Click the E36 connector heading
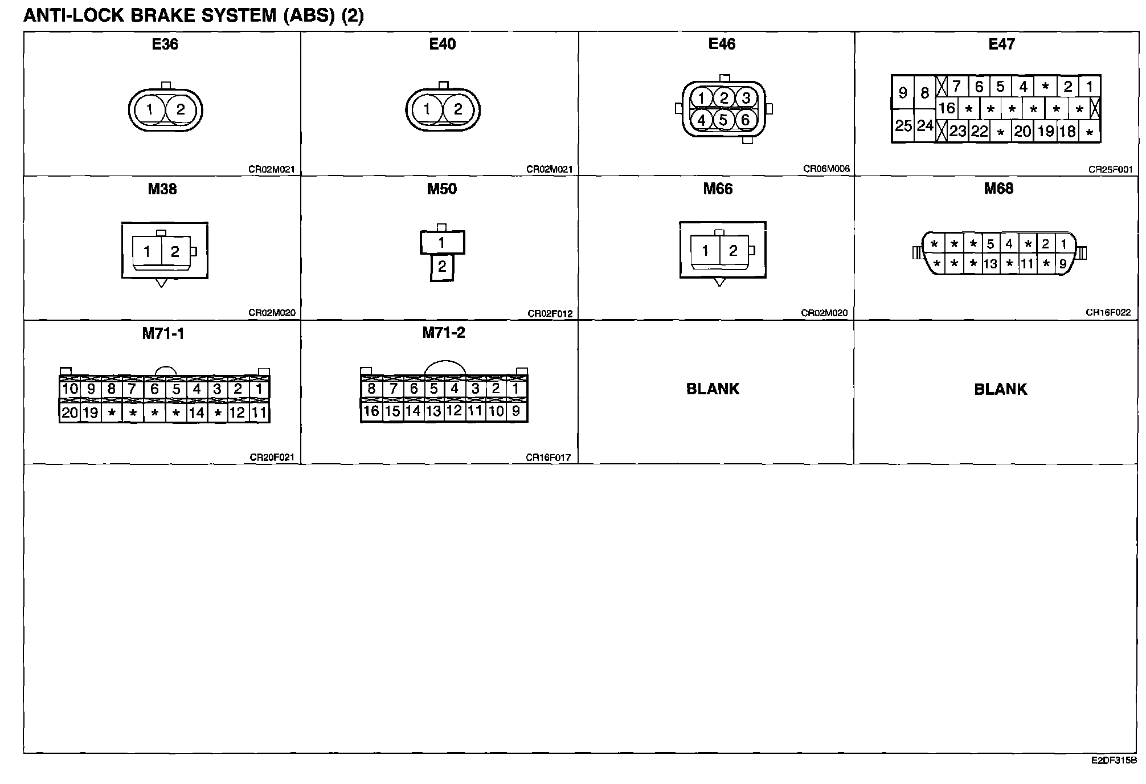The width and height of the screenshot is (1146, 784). (x=165, y=44)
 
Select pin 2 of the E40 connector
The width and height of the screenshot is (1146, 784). (x=458, y=109)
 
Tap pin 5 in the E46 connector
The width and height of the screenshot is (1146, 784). (x=723, y=120)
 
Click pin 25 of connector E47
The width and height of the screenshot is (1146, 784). (x=903, y=126)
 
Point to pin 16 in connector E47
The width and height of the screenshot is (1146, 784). (x=947, y=108)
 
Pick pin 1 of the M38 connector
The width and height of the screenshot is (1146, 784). (x=147, y=251)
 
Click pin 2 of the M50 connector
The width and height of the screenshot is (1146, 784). (x=442, y=267)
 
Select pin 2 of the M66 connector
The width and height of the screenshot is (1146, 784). (x=733, y=251)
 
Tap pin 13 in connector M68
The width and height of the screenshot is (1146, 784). (x=991, y=264)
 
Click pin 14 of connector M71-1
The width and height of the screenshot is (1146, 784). (x=197, y=413)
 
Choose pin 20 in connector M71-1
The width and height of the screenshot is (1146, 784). (x=69, y=413)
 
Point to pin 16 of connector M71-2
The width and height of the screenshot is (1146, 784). (x=371, y=411)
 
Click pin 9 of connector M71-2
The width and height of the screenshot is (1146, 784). (x=516, y=411)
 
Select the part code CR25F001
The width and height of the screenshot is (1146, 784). (x=1110, y=169)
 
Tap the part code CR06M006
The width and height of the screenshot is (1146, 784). (x=826, y=169)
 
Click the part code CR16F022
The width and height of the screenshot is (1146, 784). (x=1108, y=313)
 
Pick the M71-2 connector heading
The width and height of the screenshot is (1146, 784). (x=444, y=333)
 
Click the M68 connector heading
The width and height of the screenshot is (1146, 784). (x=998, y=189)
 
